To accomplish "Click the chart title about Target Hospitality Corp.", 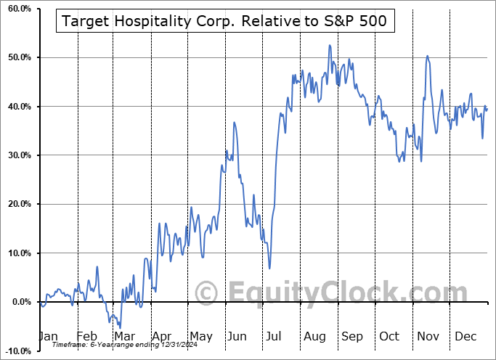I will tap(225, 22).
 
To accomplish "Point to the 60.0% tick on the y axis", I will tap(17, 9).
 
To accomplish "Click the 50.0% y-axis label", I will tap(17, 57).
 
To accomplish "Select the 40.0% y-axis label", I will tap(17, 107).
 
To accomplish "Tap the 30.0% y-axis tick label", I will tap(17, 155).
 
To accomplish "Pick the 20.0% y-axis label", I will tap(17, 204).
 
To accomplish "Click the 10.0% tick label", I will tap(17, 253).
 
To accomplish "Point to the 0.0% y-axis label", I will tap(18, 302).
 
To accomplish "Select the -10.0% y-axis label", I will tap(15, 351).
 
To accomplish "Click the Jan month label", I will tap(48, 337).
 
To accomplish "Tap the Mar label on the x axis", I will tap(125, 337).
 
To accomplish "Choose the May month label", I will tap(201, 337).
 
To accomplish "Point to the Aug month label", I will tap(314, 337).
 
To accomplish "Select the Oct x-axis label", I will tap(390, 337).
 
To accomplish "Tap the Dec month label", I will tap(465, 337).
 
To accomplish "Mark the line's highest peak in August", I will tap(329, 46).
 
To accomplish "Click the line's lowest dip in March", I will tap(119, 327).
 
